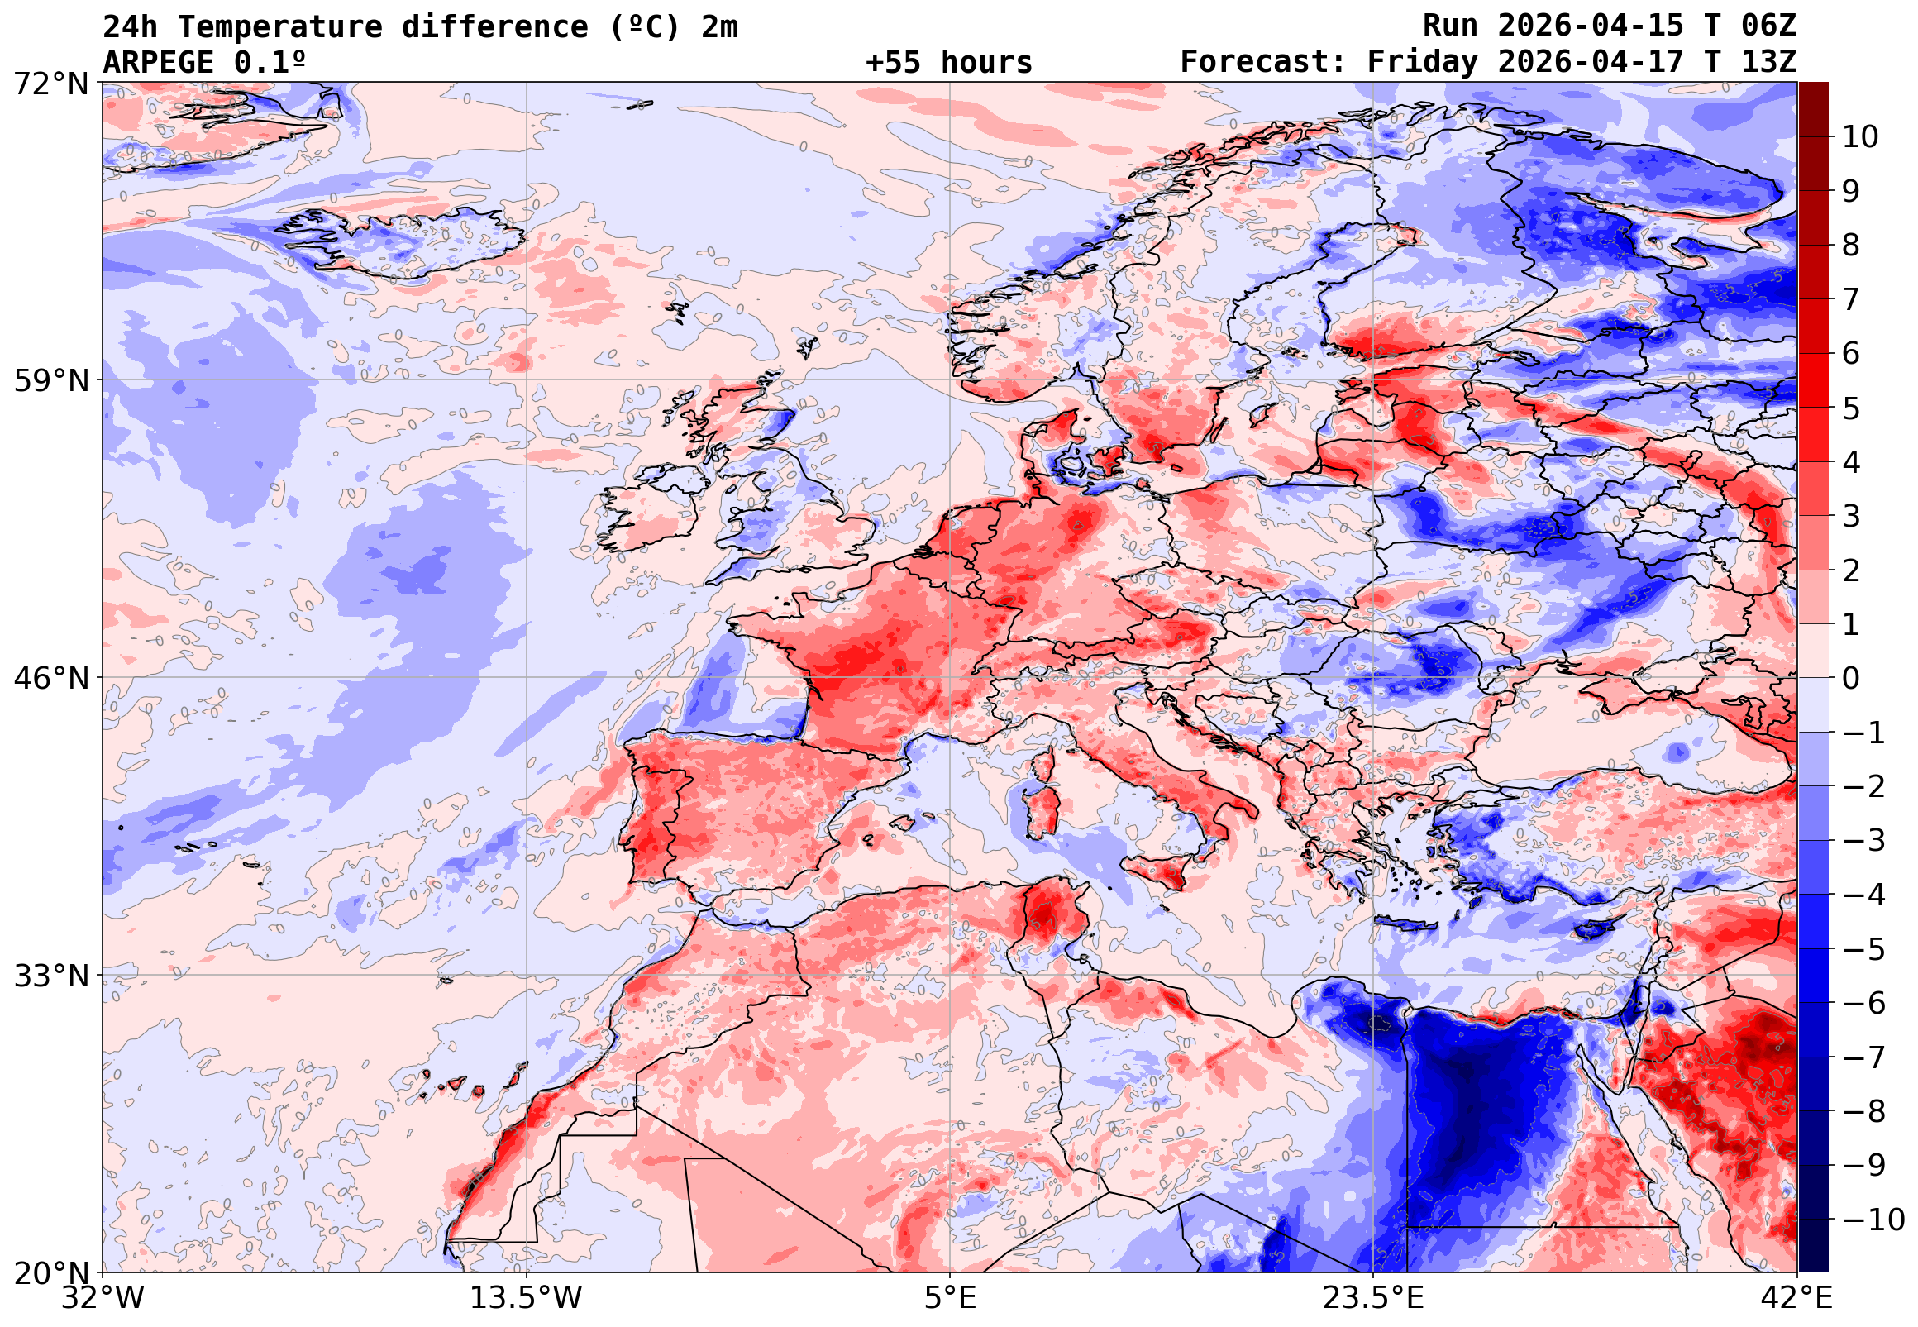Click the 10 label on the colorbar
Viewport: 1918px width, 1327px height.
1860,137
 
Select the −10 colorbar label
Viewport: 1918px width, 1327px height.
1873,1220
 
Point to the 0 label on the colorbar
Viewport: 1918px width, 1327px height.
1851,679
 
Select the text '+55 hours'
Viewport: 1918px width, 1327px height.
948,62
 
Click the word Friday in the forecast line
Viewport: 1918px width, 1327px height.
1423,62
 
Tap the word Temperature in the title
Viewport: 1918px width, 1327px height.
279,27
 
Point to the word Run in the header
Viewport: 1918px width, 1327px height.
1450,26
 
